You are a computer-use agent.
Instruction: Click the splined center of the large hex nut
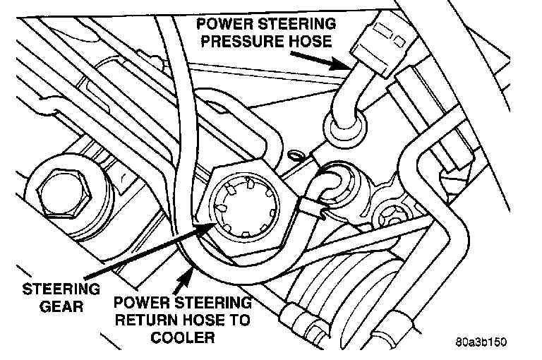(x=244, y=209)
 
